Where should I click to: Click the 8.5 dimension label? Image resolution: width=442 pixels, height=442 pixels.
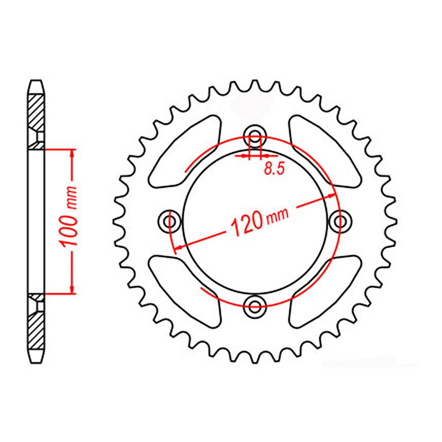tap(274, 169)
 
